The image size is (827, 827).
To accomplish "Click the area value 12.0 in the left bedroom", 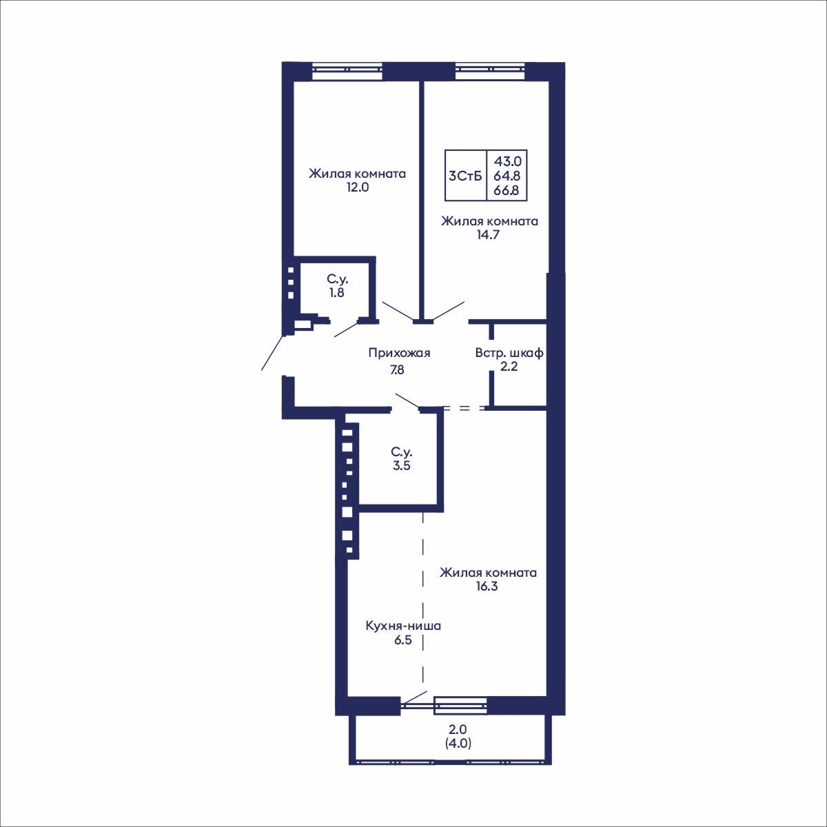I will click(x=358, y=187).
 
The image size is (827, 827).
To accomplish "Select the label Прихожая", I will click(x=399, y=353).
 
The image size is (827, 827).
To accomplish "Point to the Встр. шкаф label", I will click(x=509, y=353).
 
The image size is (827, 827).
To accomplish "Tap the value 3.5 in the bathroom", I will click(x=401, y=465).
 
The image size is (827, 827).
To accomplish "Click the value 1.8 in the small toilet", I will click(x=336, y=292).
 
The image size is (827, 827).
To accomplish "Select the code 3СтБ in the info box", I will click(x=465, y=176).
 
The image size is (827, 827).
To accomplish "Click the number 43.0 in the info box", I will click(x=507, y=161).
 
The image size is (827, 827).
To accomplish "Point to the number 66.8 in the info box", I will click(x=507, y=190).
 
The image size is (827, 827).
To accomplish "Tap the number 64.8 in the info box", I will click(x=507, y=176).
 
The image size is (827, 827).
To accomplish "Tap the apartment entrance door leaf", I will click(x=272, y=353).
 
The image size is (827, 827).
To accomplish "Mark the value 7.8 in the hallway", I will click(x=398, y=369).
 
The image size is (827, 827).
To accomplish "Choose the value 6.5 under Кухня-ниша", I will click(x=403, y=640).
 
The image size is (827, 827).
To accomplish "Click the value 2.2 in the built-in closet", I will click(x=509, y=367).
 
